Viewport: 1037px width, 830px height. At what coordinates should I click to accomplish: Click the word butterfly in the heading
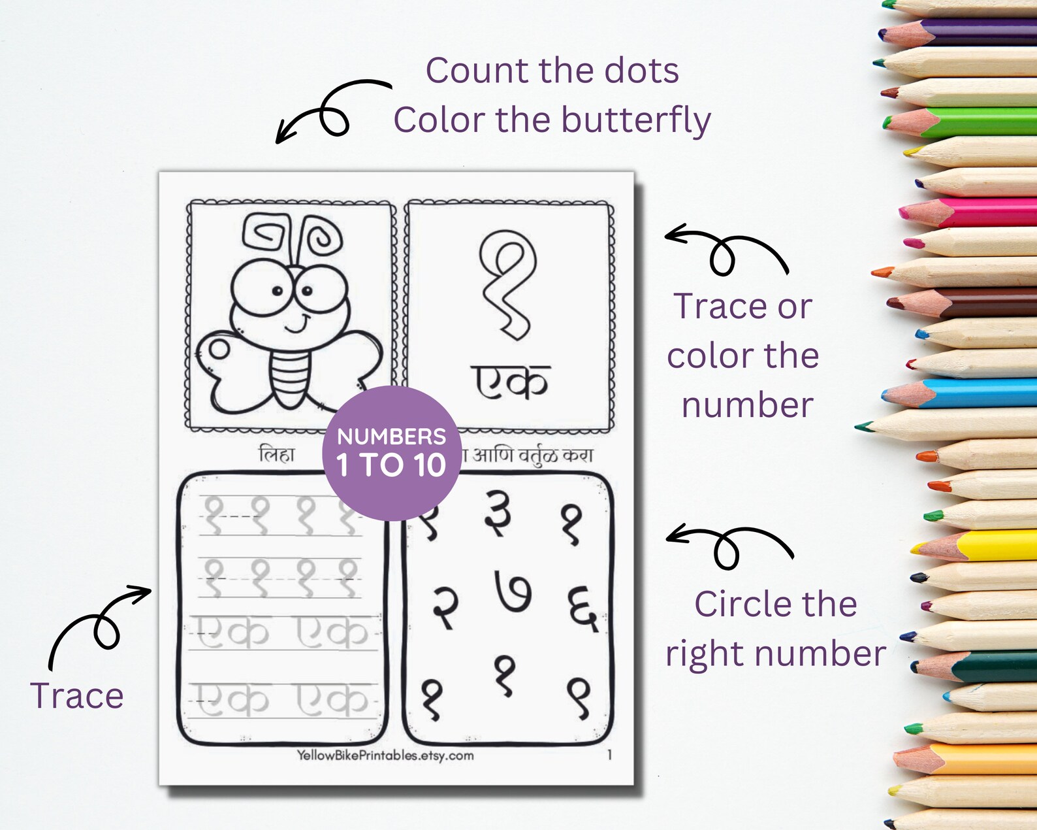(635, 121)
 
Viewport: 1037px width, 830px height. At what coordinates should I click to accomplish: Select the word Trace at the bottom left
(77, 695)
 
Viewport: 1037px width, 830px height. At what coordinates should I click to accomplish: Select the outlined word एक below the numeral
(510, 382)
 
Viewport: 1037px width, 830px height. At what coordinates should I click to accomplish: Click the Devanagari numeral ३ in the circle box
(499, 514)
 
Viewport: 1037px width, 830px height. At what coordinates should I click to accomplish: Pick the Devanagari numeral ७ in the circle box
(513, 592)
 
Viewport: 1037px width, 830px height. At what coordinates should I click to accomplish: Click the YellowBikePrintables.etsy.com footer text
(385, 755)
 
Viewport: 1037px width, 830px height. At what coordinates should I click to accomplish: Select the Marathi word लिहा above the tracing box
(277, 454)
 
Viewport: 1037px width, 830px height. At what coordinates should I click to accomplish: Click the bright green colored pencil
(966, 122)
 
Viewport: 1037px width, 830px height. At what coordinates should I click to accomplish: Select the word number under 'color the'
(747, 405)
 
